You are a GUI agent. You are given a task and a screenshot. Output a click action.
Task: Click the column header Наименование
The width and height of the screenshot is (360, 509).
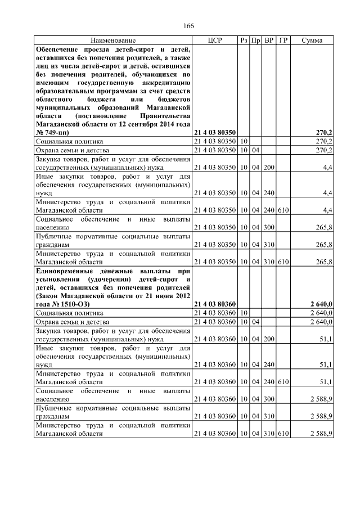[x=113, y=40]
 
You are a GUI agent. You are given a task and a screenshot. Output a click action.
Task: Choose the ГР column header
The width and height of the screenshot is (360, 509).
[x=283, y=40]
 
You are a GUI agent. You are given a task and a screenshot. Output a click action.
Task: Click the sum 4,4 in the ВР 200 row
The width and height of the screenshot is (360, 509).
[x=327, y=167]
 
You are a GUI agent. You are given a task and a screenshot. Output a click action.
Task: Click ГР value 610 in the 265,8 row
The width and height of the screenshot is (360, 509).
[x=283, y=262]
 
